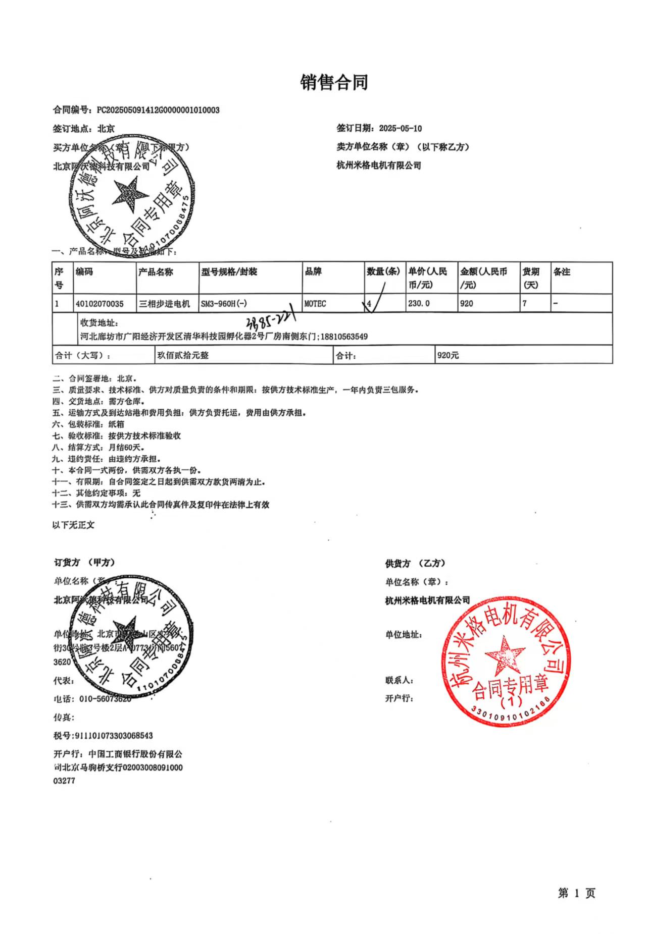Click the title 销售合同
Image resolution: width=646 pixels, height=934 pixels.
tap(334, 82)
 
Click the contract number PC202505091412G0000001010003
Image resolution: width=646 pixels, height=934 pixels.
tap(158, 110)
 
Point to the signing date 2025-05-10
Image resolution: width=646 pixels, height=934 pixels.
tap(400, 128)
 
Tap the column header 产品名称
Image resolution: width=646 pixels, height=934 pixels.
tap(156, 272)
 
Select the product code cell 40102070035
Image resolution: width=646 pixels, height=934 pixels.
tap(100, 304)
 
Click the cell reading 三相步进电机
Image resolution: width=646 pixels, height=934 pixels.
tap(165, 304)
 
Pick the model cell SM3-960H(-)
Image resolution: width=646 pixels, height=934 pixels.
tap(224, 304)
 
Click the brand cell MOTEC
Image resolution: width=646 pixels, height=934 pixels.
tap(315, 304)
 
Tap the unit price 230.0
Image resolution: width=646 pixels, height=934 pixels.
tap(419, 304)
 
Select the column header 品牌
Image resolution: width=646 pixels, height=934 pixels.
tap(313, 272)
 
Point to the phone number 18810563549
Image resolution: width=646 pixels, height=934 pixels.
tap(344, 337)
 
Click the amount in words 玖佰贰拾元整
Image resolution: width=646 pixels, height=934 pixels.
tap(183, 355)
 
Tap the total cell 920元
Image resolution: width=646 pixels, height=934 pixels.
tap(448, 355)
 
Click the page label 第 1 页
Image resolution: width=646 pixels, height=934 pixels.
tap(576, 893)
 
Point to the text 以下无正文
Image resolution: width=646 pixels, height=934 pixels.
tap(74, 525)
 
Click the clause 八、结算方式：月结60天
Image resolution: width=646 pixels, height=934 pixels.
tap(99, 447)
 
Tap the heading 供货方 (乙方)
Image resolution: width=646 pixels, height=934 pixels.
tap(415, 563)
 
